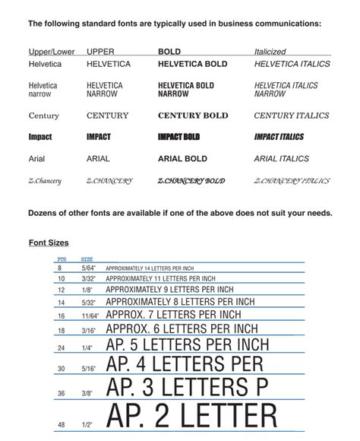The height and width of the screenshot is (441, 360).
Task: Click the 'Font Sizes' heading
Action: [x=49, y=243]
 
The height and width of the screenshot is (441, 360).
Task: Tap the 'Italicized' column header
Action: [x=270, y=52]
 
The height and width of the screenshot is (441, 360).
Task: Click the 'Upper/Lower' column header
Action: [x=50, y=52]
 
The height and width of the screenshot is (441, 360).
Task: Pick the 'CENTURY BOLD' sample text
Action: [x=193, y=116]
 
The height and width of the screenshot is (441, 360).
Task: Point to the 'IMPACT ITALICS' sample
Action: [x=279, y=137]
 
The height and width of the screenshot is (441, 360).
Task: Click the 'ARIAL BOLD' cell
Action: [x=182, y=159]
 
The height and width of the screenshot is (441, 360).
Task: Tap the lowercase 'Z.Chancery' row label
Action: [x=45, y=181]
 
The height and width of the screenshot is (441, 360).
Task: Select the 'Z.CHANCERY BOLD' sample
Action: [x=191, y=181]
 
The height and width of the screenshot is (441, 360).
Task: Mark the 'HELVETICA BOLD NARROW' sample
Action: [x=186, y=90]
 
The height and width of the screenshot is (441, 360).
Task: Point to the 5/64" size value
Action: [x=87, y=268]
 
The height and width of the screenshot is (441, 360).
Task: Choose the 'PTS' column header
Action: [x=62, y=259]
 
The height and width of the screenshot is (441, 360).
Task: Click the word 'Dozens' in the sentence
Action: [x=45, y=213]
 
